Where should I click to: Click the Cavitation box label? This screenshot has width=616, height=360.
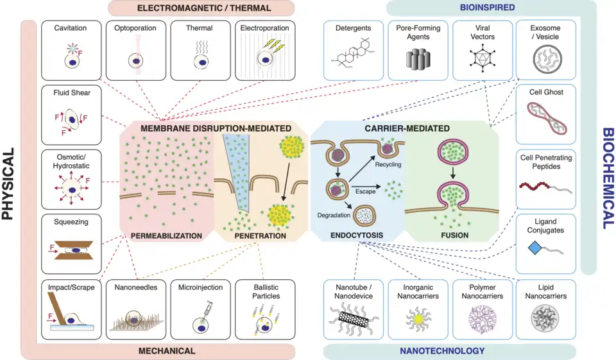(x=71, y=28)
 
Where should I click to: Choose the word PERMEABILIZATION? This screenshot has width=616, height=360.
(x=166, y=236)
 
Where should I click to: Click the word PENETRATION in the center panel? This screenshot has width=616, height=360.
(x=260, y=236)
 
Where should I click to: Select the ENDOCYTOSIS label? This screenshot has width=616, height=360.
(x=356, y=236)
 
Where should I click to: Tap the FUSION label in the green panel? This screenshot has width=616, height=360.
(x=454, y=236)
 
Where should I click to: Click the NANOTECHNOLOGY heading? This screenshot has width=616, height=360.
(x=442, y=351)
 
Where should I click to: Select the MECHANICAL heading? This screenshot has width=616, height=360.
(x=167, y=351)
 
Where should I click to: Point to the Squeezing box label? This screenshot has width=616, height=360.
(x=71, y=221)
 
